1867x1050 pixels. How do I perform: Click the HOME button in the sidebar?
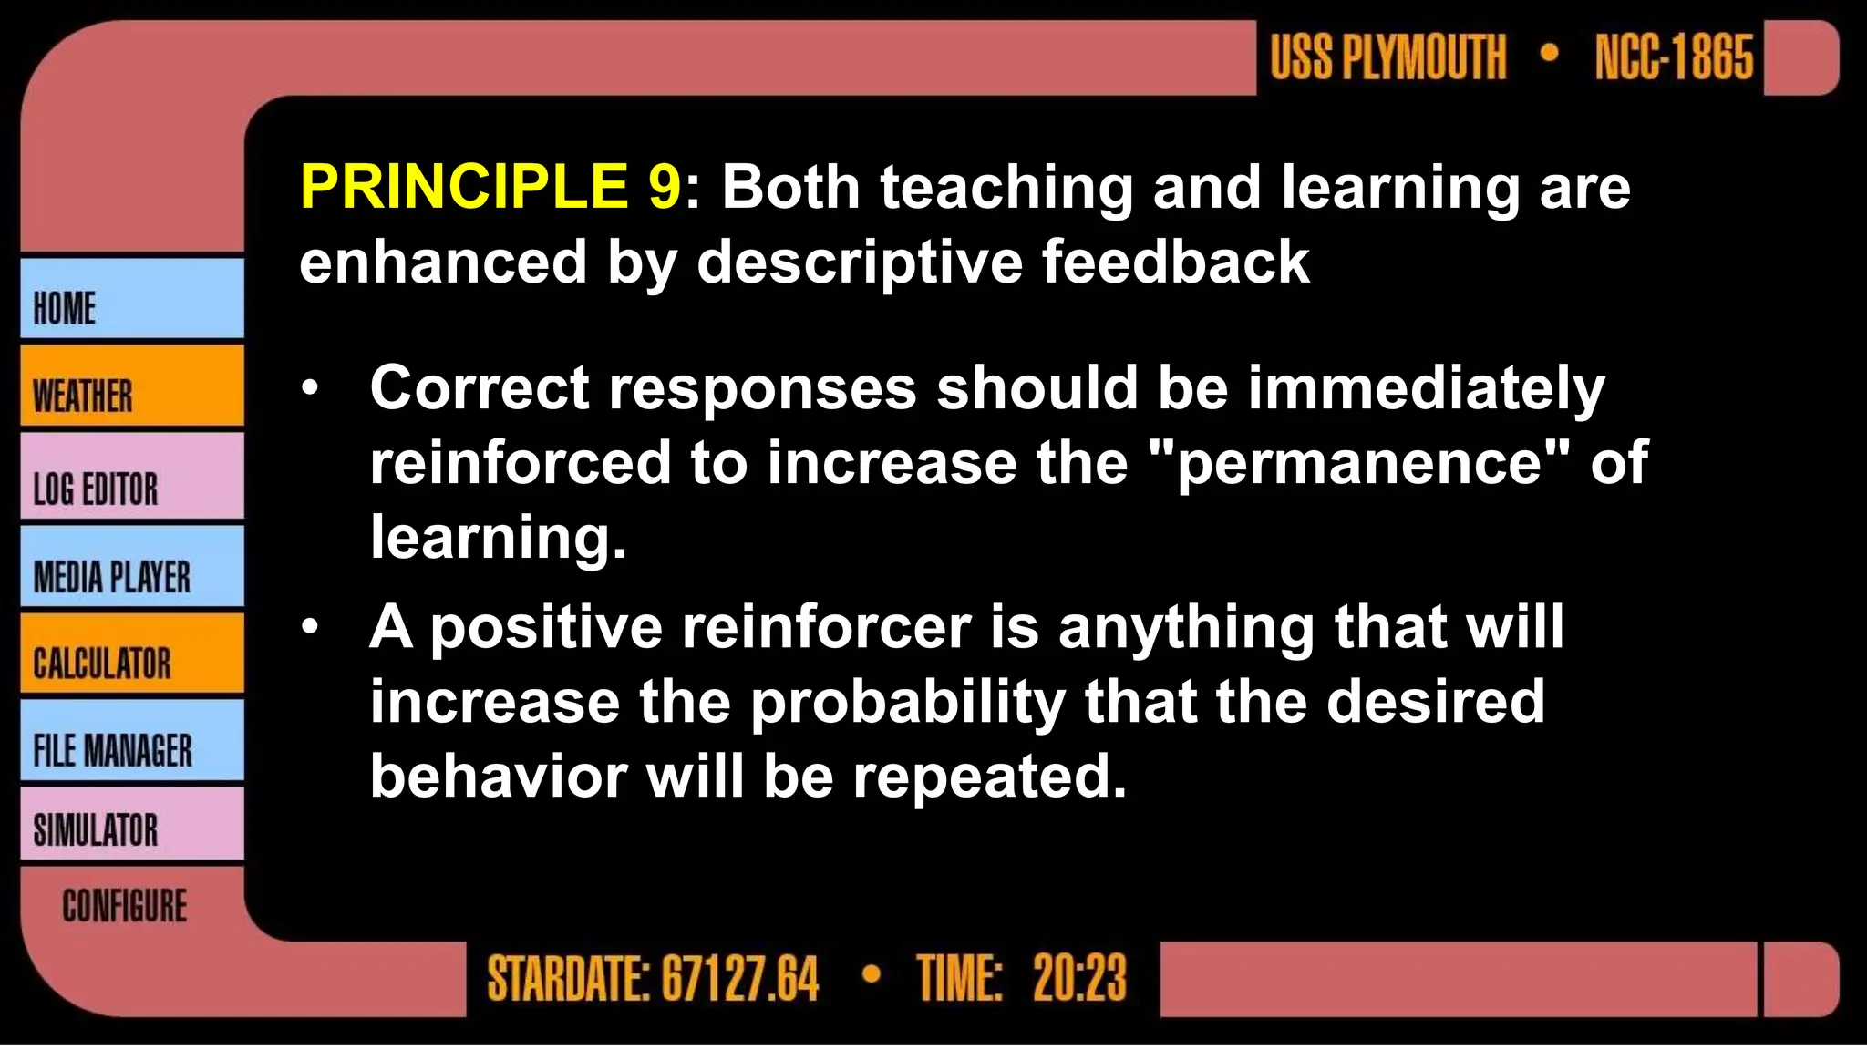coord(131,299)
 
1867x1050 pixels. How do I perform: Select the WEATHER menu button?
coord(131,386)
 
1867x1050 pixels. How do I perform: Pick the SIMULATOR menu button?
coord(131,825)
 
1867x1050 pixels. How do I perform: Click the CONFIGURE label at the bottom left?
coord(125,906)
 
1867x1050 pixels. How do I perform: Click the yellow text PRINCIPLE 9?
coord(490,187)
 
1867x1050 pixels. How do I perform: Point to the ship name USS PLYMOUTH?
coord(1387,57)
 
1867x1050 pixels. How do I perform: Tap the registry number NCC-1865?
coord(1674,57)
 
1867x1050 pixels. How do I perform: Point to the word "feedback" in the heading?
coord(1175,262)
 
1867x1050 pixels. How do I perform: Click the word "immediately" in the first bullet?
coord(1426,388)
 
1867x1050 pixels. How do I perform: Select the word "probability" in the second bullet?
coord(908,703)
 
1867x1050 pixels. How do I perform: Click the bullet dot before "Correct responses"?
coord(311,389)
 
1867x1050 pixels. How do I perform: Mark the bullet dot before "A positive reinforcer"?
coord(311,627)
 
